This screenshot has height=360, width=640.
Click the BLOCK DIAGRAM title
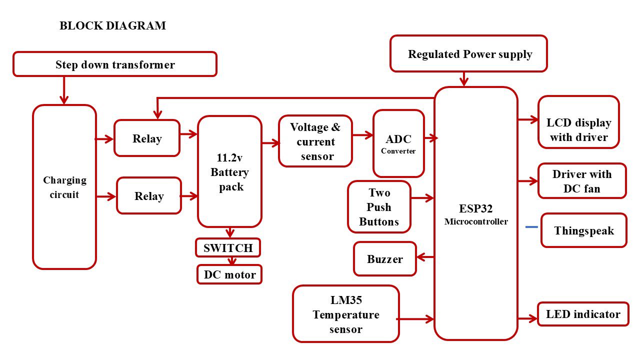click(x=112, y=26)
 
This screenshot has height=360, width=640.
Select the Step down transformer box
click(x=115, y=64)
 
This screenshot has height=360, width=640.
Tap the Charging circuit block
click(x=64, y=187)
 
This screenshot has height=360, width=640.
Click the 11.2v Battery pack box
click(x=229, y=172)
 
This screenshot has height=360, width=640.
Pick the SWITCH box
click(x=228, y=248)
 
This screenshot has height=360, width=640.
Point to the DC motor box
click(x=229, y=274)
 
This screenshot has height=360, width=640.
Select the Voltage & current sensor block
click(x=315, y=141)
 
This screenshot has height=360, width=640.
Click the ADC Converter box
click(x=398, y=143)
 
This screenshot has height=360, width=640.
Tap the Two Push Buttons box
click(x=379, y=207)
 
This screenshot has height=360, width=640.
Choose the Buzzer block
click(x=385, y=259)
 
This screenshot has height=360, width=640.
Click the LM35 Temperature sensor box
click(x=346, y=314)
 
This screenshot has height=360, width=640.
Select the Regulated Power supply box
click(x=468, y=54)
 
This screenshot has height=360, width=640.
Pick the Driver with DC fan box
click(x=582, y=181)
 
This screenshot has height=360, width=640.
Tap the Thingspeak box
click(x=583, y=230)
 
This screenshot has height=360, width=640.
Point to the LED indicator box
click(x=583, y=314)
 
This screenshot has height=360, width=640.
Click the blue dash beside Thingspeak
click(x=531, y=227)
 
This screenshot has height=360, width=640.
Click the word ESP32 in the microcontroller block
click(x=475, y=208)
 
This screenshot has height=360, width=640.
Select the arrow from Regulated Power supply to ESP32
click(x=464, y=79)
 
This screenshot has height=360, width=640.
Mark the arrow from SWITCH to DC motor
click(x=231, y=261)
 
